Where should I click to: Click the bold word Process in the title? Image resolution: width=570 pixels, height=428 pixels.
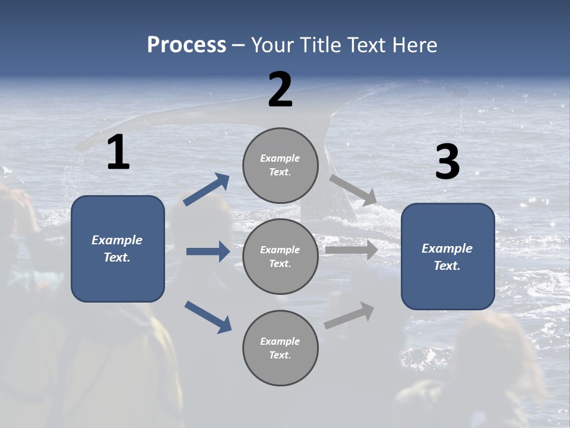coord(186,45)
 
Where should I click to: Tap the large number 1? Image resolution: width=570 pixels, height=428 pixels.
coord(118,153)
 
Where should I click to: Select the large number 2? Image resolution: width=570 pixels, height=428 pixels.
coord(280,90)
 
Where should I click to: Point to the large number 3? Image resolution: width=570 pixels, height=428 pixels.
coord(447,162)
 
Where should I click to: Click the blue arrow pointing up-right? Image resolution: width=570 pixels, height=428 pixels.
coord(207,190)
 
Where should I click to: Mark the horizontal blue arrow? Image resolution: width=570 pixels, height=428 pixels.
coord(208,251)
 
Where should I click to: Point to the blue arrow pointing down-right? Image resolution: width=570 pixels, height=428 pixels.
coord(208,316)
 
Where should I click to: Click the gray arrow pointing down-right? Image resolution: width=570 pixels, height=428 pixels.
coord(353,190)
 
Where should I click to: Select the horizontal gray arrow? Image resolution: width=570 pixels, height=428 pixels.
coord(351,250)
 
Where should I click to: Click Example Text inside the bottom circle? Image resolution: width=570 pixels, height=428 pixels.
coord(280,348)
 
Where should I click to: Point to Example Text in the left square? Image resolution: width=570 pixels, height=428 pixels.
coord(117,248)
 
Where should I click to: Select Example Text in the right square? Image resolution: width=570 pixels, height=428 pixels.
coord(447,257)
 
